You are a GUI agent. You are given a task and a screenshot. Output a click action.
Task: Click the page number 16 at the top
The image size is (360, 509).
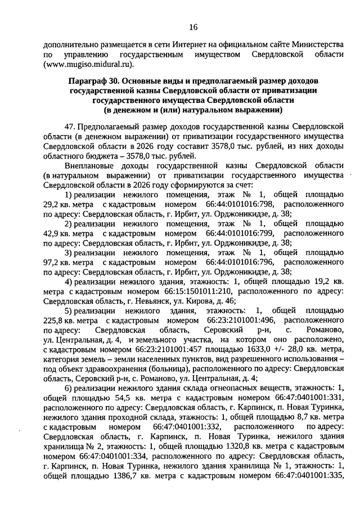coord(193,26)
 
